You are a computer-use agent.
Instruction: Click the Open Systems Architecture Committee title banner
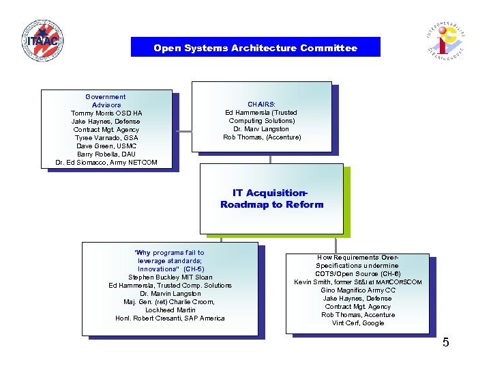pyautogui.click(x=255, y=48)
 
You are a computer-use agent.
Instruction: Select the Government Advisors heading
pyautogui.click(x=106, y=101)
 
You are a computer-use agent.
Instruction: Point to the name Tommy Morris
pyautogui.click(x=91, y=113)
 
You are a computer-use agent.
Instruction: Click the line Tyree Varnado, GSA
pyautogui.click(x=106, y=138)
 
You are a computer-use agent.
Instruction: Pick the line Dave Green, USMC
pyautogui.click(x=106, y=146)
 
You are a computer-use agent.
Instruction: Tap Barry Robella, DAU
pyautogui.click(x=106, y=154)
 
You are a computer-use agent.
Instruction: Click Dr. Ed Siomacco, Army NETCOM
pyautogui.click(x=106, y=163)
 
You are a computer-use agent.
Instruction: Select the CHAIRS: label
pyautogui.click(x=262, y=105)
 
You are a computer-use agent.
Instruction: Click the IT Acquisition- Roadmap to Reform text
pyautogui.click(x=271, y=199)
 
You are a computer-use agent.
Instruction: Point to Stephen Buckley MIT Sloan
pyautogui.click(x=170, y=277)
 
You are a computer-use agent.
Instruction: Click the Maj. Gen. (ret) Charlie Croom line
pyautogui.click(x=170, y=302)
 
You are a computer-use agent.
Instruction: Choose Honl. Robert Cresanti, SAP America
pyautogui.click(x=170, y=318)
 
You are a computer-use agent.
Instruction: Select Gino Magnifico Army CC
pyautogui.click(x=358, y=290)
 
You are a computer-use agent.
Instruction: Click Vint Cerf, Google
pyautogui.click(x=358, y=323)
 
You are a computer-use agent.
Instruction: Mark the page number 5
pyautogui.click(x=445, y=342)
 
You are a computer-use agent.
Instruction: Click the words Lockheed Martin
pyautogui.click(x=170, y=310)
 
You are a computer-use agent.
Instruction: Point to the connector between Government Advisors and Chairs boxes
pyautogui.click(x=184, y=130)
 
